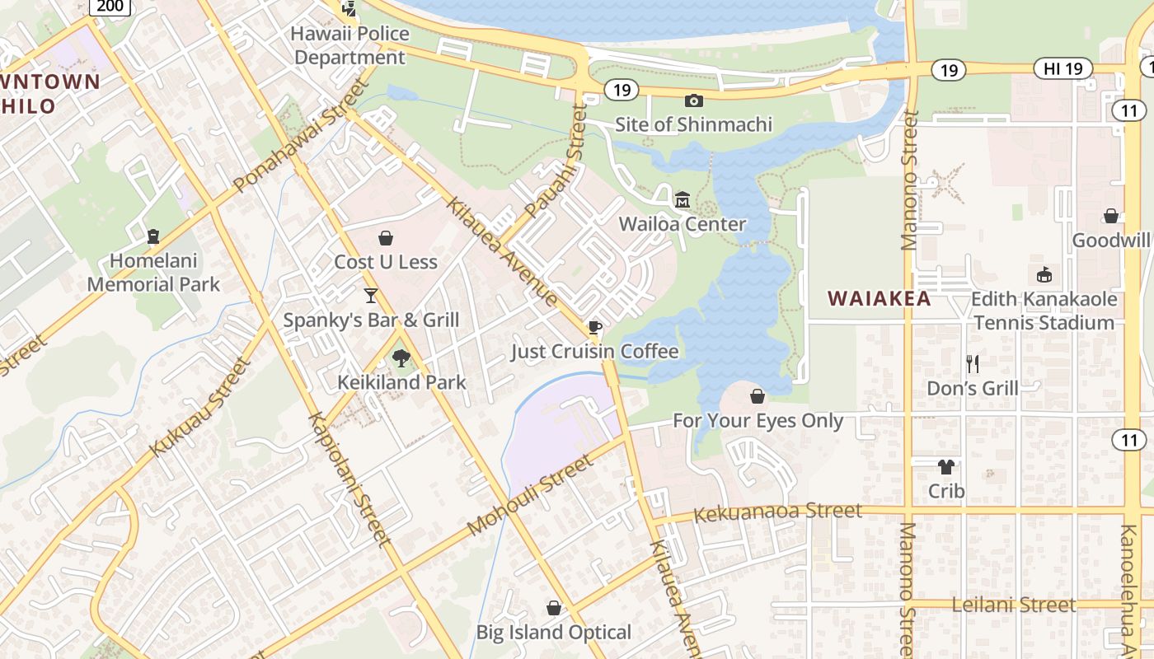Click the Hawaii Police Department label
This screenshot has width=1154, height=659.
coord(350,45)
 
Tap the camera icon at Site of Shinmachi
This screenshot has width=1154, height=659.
coord(694,100)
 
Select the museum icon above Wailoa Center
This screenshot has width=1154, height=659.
coord(683,200)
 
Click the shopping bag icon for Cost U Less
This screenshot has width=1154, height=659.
coord(385,239)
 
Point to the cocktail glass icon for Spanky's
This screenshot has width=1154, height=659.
coord(371,296)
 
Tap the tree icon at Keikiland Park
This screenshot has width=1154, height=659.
coord(401,358)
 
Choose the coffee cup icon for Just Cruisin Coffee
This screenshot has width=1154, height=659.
coord(594,328)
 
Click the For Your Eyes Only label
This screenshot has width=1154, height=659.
coord(758,421)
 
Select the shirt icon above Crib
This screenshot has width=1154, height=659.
coord(945,467)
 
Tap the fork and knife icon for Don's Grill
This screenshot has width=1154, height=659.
coord(973,363)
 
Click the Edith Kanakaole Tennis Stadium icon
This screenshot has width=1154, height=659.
coord(1044,275)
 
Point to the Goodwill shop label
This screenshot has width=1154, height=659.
coord(1110,241)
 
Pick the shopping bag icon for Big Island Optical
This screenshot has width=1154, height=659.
coord(554,609)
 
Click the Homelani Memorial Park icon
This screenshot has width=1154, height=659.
coord(152,237)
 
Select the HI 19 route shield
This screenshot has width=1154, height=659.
coord(1063,69)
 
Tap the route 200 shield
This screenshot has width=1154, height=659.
coord(110,7)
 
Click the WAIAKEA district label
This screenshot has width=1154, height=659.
coord(879,298)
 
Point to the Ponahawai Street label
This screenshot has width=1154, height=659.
coord(301,137)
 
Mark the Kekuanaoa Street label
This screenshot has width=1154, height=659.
coord(777,513)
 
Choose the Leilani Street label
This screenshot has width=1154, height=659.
coord(1013,605)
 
